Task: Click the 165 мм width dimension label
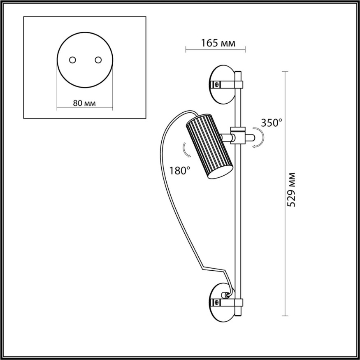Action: coord(218,43)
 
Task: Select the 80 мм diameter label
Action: coord(84,103)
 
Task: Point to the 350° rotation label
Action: coord(272,122)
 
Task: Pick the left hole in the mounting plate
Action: coord(72,60)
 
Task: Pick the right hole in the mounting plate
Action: coord(98,60)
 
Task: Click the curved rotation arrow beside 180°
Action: coord(187,150)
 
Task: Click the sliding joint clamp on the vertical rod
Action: coord(238,136)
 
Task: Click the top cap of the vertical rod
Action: coord(238,73)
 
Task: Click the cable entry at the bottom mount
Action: coord(225,295)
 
